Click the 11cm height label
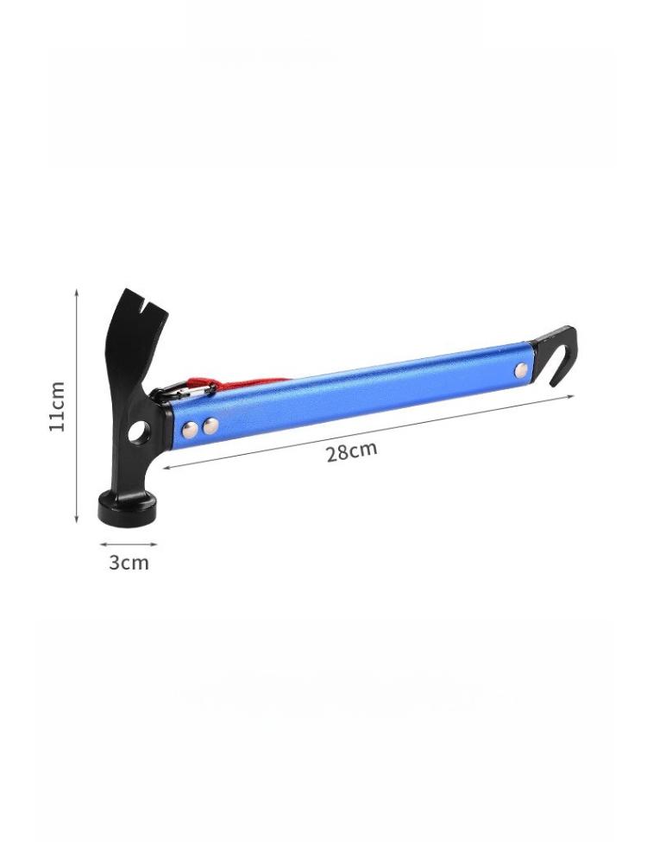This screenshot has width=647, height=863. [x=58, y=406]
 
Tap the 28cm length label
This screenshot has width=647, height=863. [x=352, y=451]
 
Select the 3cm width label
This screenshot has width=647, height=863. [x=129, y=563]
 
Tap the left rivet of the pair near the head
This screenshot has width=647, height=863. [x=191, y=429]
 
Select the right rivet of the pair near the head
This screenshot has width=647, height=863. [x=210, y=425]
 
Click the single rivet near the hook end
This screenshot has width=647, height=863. [x=522, y=370]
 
